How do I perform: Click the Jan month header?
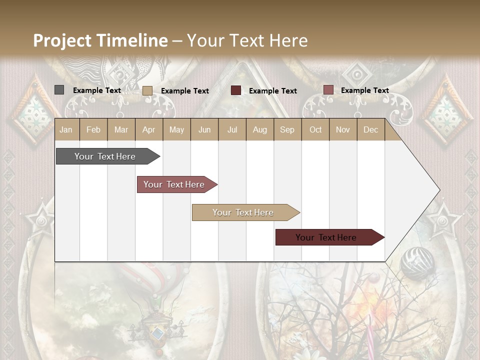coord(66,129)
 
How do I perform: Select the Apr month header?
coord(149,129)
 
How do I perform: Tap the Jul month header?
coord(232,129)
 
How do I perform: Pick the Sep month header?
coord(287,129)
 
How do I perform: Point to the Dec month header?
coord(370,129)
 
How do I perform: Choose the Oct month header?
coord(315,129)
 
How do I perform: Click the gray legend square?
coord(59,90)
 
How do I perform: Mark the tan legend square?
coord(147,90)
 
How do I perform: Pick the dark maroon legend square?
coord(236,90)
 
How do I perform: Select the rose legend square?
coord(328,90)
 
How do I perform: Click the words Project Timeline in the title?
coord(100,40)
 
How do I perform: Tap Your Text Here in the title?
coord(247,40)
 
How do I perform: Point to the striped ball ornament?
coord(417,262)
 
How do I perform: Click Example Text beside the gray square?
coord(97,90)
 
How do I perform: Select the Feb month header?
coord(93,129)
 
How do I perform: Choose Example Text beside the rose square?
coord(365,90)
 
